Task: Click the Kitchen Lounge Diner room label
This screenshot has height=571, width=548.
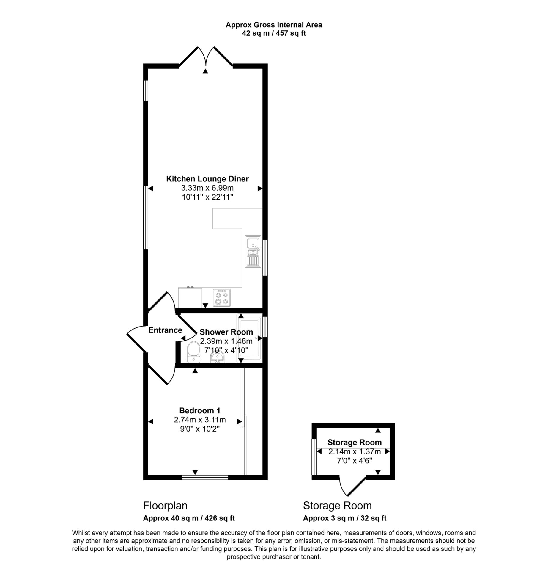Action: [x=207, y=179]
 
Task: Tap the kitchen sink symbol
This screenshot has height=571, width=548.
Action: [x=253, y=251]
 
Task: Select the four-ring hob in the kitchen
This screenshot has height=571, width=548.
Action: [x=222, y=298]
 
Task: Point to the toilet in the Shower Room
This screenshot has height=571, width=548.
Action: [x=193, y=352]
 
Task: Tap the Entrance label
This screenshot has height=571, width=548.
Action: [x=165, y=330]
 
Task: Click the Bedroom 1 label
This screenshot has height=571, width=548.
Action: [x=200, y=411]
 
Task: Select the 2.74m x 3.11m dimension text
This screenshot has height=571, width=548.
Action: [x=200, y=420]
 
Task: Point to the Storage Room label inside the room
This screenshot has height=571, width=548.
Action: [x=355, y=443]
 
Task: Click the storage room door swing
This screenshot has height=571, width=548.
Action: [x=352, y=487]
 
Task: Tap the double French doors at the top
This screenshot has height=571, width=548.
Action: [x=206, y=56]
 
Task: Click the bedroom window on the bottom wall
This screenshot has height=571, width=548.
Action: [x=205, y=477]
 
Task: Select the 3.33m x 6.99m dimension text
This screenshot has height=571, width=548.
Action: [x=207, y=188]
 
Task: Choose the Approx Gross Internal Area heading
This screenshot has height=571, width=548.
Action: [x=274, y=25]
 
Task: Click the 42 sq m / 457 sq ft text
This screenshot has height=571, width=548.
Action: [x=274, y=33]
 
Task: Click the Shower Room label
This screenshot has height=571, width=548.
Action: [x=226, y=332]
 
